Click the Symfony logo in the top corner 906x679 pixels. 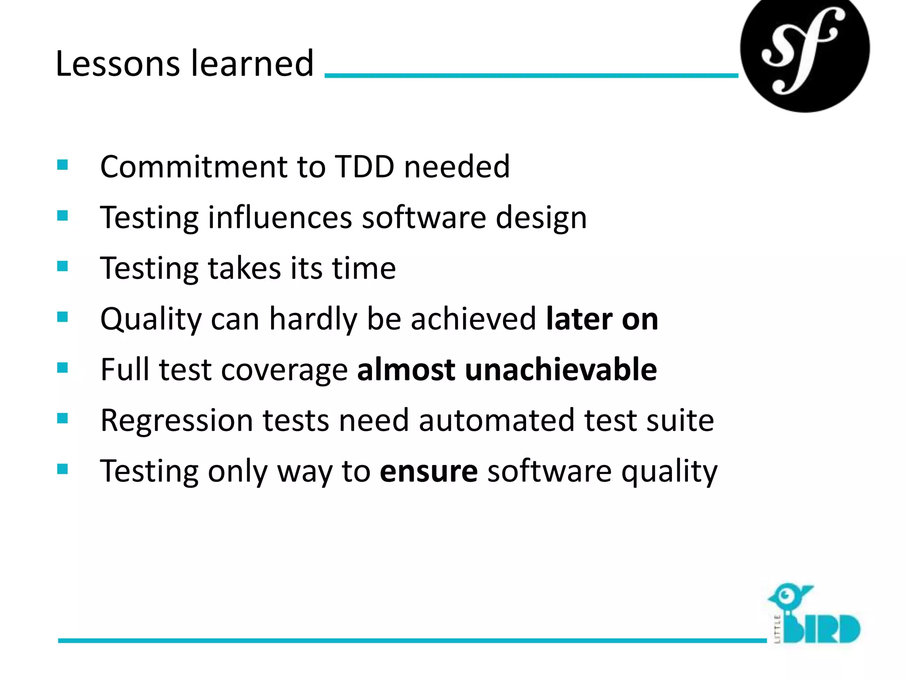click(804, 50)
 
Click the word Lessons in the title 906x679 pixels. click(118, 64)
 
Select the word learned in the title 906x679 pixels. click(252, 64)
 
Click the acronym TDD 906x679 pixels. click(365, 167)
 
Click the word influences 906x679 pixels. click(280, 217)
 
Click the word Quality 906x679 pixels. click(150, 319)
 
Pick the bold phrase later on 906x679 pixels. click(602, 319)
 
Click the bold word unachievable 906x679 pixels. click(560, 370)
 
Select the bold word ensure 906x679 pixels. click(428, 471)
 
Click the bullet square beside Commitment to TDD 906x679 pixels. click(62, 165)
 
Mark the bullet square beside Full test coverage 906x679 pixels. click(62, 368)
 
